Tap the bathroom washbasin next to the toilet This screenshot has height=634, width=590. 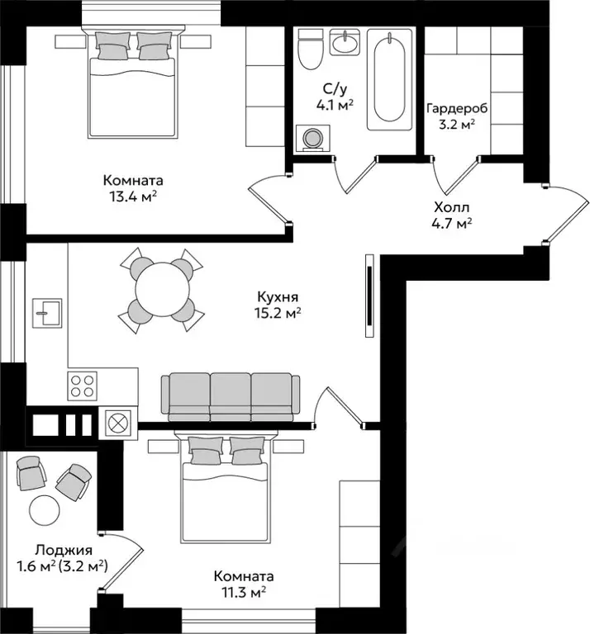345,41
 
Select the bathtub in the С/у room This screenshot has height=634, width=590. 389,79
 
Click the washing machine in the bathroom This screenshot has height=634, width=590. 312,139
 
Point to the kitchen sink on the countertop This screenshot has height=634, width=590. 47,313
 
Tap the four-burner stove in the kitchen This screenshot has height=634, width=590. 82,386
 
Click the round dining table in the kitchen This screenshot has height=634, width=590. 162,290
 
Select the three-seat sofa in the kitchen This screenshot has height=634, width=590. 231,397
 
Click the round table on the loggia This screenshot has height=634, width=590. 45,510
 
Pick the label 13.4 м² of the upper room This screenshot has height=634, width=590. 133,197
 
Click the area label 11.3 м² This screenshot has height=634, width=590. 244,593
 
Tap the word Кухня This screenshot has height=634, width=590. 278,297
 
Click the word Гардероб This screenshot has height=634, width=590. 457,109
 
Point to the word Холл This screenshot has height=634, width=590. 452,208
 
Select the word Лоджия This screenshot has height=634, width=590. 64,551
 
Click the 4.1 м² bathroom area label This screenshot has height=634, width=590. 335,106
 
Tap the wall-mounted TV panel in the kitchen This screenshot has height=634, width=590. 369,296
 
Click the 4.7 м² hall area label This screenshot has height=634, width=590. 452,224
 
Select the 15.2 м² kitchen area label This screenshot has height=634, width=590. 278,314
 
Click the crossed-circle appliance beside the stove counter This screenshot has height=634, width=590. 118,423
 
